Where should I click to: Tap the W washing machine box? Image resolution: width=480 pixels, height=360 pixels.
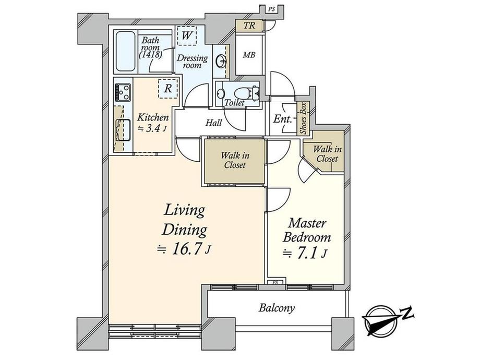pos(186,35)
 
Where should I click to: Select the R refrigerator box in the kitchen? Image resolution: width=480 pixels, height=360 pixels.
pos(168,89)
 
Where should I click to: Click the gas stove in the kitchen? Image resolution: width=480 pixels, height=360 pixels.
pos(123,92)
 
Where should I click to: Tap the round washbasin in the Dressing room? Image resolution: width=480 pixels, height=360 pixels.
pos(221,61)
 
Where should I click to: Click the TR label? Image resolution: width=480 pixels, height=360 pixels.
pos(249,26)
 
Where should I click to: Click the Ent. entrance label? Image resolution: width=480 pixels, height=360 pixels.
pos(282,119)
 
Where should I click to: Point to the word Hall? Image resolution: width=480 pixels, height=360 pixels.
pos(214,123)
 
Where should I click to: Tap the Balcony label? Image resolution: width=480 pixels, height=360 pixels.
pos(277,308)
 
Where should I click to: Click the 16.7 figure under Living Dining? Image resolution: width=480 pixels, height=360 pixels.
pos(188,249)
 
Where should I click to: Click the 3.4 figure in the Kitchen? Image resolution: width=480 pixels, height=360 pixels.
pos(153,128)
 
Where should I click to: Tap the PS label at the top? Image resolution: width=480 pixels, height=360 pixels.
pos(271,9)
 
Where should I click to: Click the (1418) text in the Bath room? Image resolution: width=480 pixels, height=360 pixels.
pos(150,55)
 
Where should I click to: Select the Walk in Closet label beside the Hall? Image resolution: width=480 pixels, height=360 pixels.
pos(235,160)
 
